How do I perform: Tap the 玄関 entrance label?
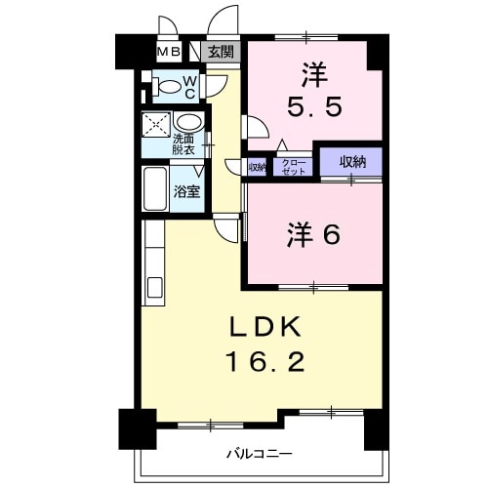tap(220, 52)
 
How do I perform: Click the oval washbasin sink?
tap(191, 124)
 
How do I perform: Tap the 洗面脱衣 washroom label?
tap(183, 143)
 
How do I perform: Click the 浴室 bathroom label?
tap(186, 191)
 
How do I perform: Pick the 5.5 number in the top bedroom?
tap(312, 104)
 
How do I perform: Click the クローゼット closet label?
tap(292, 167)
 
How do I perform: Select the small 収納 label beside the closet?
tap(257, 167)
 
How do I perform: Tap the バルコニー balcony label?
tap(259, 454)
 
